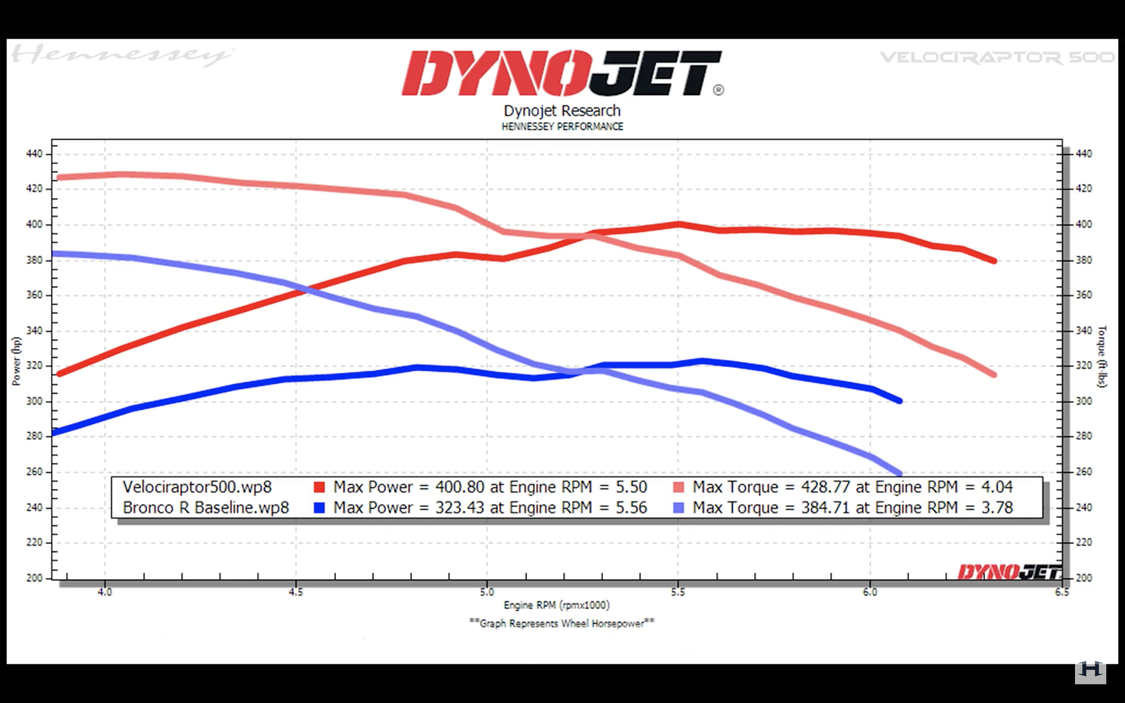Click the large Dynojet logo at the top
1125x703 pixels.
pos(562,73)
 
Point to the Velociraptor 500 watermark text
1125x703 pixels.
pos(997,58)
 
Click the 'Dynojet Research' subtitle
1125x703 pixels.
pos(562,111)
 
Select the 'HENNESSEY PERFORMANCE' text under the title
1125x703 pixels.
pos(562,127)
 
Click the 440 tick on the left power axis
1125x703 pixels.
pos(34,153)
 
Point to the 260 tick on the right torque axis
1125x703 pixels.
pos(1084,471)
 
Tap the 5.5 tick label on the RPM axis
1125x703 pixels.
pos(678,592)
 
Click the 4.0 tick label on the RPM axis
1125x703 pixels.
pos(105,592)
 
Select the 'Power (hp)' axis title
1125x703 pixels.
pos(16,361)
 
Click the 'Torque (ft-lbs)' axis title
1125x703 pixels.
pos(1101,356)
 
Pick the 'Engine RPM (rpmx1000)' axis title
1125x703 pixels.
pos(557,605)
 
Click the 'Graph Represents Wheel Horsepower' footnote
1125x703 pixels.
pos(562,623)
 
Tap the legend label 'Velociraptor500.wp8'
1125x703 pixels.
pos(197,487)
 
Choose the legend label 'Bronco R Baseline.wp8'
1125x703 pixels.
pos(205,507)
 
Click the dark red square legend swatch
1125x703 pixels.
pos(319,487)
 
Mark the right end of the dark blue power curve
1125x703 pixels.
pos(900,400)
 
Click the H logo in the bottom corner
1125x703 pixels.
pos(1090,671)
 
